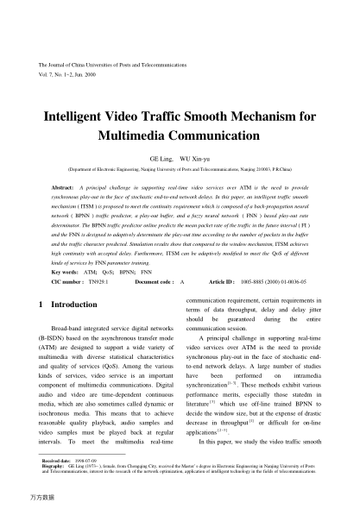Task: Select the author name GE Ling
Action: click(161, 160)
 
